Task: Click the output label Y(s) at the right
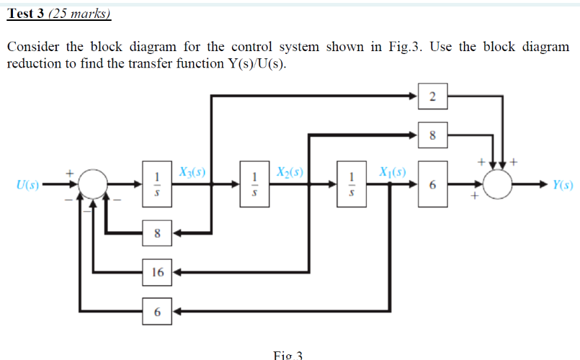click(x=563, y=185)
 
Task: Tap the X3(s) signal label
click(x=192, y=173)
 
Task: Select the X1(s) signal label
click(x=392, y=173)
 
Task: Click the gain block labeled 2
click(x=432, y=96)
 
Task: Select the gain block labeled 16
click(x=157, y=272)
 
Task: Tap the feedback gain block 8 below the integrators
click(x=157, y=233)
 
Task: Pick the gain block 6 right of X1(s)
click(x=432, y=185)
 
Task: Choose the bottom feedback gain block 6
click(x=157, y=311)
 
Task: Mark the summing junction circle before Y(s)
click(x=498, y=185)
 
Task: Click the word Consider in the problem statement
click(x=34, y=47)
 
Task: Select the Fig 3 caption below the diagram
click(x=289, y=355)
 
